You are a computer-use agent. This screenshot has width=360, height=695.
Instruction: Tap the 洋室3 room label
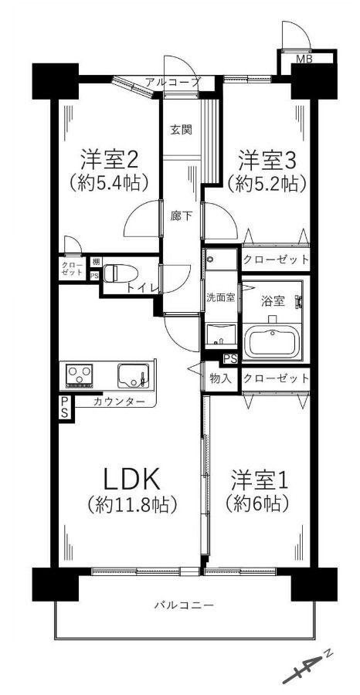click(267, 160)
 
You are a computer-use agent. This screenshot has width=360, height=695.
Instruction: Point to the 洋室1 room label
click(260, 481)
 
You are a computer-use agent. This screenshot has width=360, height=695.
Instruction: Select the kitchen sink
click(134, 376)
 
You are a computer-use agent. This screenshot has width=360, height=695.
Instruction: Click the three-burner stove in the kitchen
click(80, 375)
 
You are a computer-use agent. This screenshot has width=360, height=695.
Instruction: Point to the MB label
click(304, 59)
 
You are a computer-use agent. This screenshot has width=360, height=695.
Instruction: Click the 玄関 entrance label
click(182, 130)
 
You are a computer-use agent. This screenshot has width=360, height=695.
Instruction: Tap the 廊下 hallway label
click(182, 216)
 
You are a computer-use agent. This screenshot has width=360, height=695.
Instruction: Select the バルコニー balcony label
click(185, 605)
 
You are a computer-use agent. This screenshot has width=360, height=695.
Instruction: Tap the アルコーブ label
click(173, 82)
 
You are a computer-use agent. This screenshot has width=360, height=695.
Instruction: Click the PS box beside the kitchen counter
click(65, 408)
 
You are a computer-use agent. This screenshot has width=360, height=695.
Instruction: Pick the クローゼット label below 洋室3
click(276, 259)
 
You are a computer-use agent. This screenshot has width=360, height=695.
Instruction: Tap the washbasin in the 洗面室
click(220, 332)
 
